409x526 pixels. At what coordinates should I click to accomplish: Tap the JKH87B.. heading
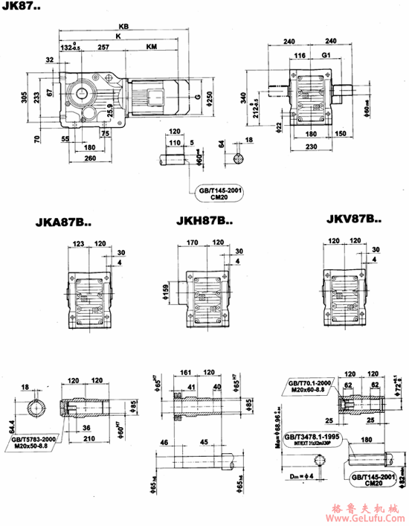point(204,220)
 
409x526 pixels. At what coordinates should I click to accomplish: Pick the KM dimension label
point(152,47)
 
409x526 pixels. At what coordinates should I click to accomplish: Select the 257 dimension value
point(104,47)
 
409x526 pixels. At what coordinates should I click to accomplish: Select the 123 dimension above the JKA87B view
point(80,242)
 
